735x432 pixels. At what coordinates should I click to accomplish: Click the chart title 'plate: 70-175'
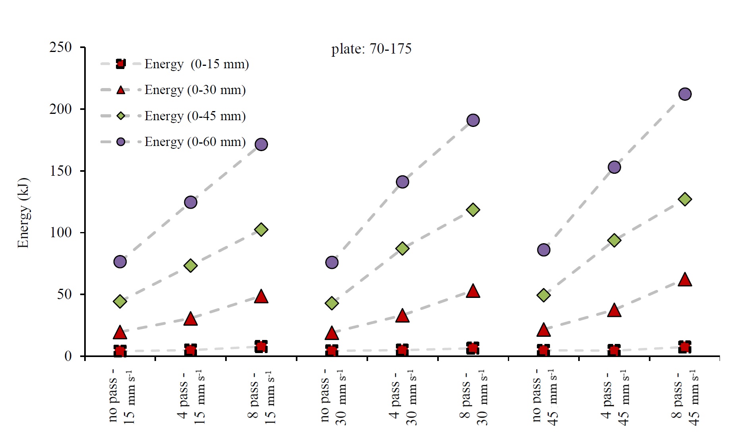tap(371, 49)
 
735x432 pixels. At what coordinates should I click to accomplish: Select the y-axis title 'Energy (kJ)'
tap(23, 213)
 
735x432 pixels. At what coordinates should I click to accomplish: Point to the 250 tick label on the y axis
tap(61, 47)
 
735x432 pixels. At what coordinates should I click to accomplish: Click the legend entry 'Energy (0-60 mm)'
tap(195, 142)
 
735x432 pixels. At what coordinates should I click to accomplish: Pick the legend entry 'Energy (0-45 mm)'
tap(195, 116)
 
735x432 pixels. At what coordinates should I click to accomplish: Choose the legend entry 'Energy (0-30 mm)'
tap(195, 90)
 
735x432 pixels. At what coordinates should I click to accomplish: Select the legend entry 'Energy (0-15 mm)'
tap(196, 64)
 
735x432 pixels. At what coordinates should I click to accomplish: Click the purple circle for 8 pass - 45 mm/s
tap(685, 94)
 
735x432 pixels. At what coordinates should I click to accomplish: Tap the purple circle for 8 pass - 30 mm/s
tap(473, 120)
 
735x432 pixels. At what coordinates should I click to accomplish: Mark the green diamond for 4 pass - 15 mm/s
tap(191, 265)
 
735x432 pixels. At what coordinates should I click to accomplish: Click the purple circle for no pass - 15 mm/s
tap(120, 261)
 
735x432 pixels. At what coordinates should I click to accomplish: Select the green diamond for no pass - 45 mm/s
tap(543, 295)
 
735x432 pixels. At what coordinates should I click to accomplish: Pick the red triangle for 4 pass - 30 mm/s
tap(402, 316)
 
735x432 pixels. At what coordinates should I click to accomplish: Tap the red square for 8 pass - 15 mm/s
tap(261, 347)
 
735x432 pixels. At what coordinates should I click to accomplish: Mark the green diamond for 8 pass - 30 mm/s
tap(473, 209)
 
